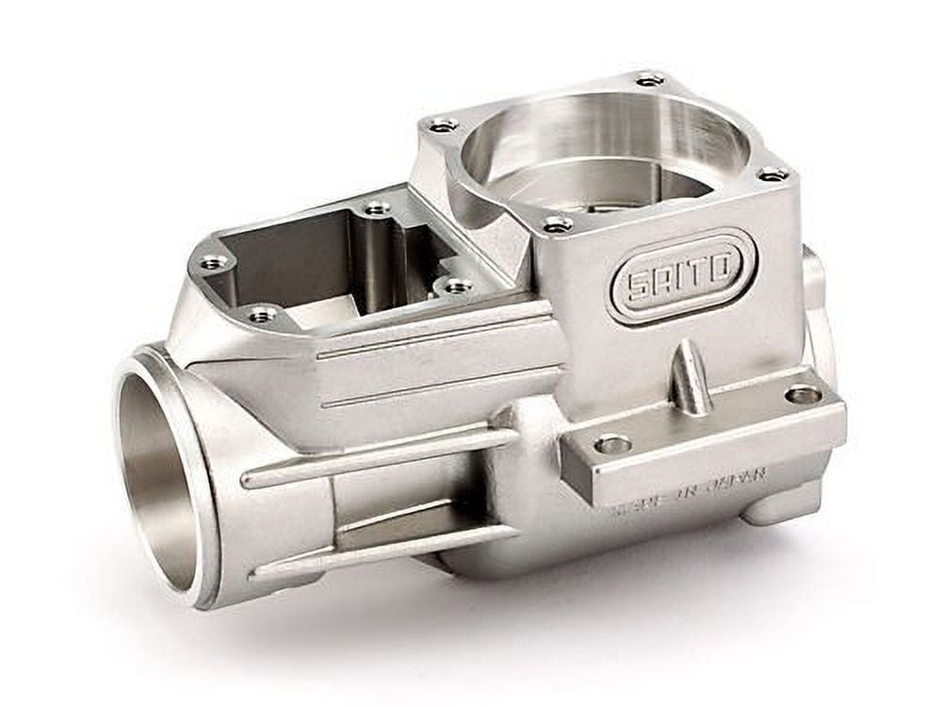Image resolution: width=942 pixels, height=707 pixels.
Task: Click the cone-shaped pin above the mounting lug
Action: (690, 379)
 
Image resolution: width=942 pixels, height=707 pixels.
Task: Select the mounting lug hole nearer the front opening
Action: (612, 443)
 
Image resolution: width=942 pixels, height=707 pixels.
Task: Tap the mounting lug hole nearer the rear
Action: (803, 394)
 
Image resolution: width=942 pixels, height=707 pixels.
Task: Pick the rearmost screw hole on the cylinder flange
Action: (649, 79)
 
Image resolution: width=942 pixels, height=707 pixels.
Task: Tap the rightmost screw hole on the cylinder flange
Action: (772, 173)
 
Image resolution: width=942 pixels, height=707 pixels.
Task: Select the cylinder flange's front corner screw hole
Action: (557, 223)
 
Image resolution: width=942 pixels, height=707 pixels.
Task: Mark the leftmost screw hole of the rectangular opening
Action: (214, 261)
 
